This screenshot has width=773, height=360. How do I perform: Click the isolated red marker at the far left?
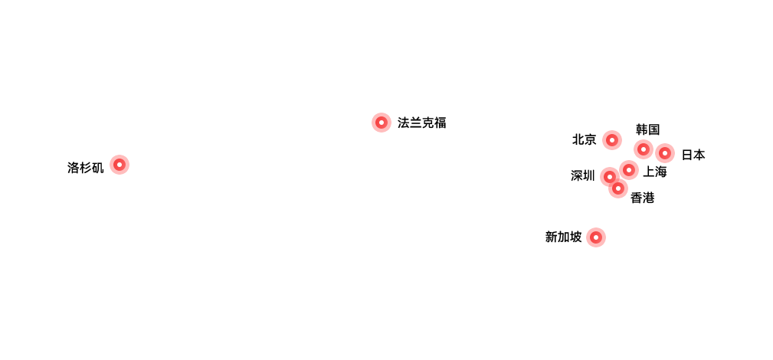(119, 165)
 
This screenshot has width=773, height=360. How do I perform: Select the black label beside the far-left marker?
(85, 168)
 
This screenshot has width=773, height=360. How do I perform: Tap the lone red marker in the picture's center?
(382, 123)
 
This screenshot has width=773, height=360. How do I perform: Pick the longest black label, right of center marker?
(421, 123)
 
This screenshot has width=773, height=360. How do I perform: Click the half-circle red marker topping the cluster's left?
(611, 140)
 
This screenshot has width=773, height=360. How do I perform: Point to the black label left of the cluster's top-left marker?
(584, 139)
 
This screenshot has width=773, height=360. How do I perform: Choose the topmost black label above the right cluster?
(647, 129)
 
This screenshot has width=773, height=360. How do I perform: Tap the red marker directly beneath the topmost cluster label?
(644, 149)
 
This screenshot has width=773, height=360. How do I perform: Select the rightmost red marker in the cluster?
(665, 153)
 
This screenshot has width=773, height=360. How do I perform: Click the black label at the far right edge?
(693, 155)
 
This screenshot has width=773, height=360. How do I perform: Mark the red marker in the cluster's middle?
(629, 169)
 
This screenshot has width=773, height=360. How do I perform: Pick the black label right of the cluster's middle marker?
(654, 172)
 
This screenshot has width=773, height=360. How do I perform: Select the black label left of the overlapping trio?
(582, 175)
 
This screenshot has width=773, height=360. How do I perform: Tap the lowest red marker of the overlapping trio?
(618, 188)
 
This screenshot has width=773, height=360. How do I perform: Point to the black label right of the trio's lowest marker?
(642, 198)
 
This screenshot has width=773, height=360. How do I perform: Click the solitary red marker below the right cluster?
(595, 237)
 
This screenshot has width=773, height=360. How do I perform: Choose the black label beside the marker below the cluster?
(563, 237)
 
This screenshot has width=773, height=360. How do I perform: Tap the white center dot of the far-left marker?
(119, 165)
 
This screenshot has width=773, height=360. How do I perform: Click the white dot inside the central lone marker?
(382, 123)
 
